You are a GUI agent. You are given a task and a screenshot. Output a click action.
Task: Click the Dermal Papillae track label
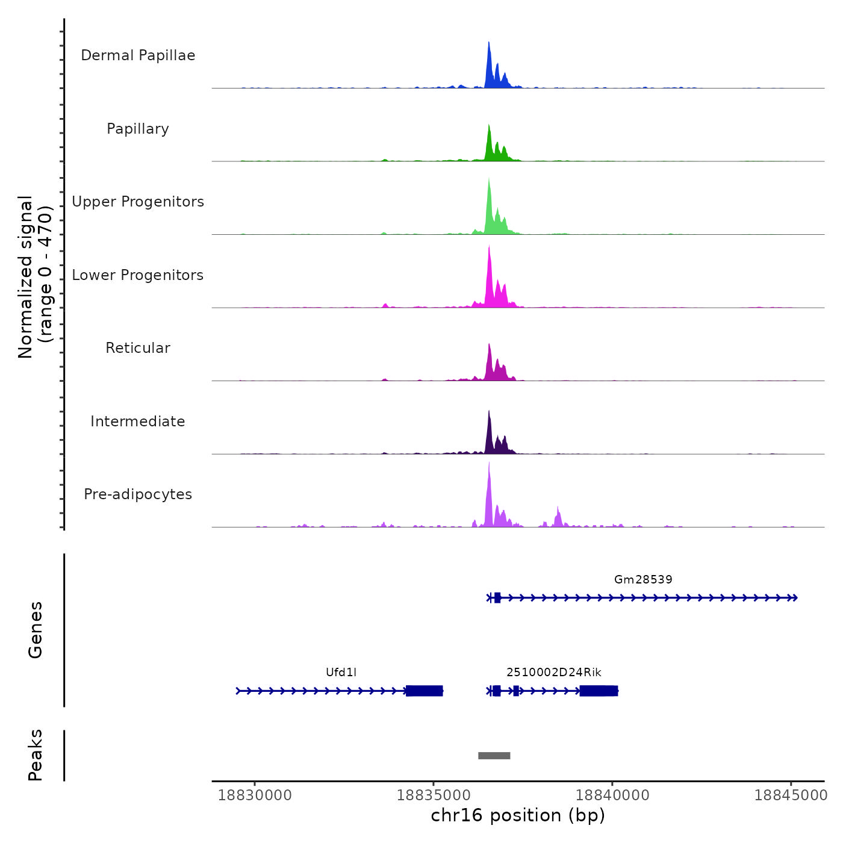tap(138, 55)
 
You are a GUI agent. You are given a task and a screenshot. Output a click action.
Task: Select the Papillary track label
tap(138, 129)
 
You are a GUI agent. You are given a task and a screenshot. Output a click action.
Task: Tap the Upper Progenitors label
tap(138, 202)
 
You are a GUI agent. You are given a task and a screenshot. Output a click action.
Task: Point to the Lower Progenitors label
tap(138, 275)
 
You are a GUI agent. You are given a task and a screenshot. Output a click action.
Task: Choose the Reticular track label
tap(138, 348)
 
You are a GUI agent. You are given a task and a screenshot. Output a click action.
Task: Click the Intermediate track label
tap(138, 421)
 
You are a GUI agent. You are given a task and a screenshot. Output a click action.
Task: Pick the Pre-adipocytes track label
tap(138, 494)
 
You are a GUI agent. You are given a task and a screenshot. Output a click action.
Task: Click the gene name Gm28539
tap(643, 579)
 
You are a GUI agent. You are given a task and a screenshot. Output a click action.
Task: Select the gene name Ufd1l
tap(341, 672)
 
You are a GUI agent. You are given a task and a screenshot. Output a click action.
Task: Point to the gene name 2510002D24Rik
tap(553, 672)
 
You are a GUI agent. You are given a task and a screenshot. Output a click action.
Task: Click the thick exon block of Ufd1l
tap(425, 691)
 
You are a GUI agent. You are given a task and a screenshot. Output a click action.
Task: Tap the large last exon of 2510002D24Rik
tap(599, 691)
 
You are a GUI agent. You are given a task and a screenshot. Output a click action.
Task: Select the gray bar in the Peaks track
tap(494, 756)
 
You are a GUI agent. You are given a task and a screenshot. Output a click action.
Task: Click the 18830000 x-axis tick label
tap(255, 795)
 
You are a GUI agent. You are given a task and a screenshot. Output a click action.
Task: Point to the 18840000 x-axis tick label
tap(612, 795)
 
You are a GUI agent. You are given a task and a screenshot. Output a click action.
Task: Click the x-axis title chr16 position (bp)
tap(518, 815)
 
